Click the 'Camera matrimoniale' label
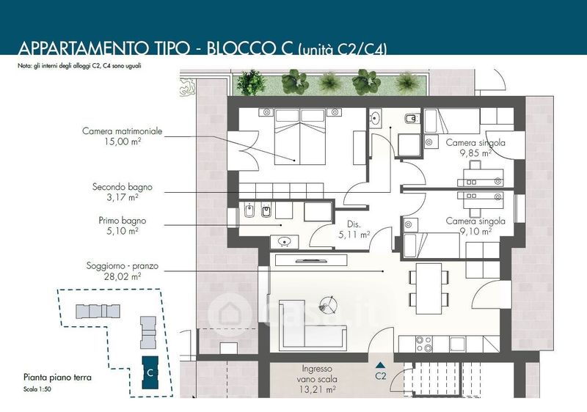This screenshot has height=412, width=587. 123,131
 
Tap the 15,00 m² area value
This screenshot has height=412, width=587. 123,141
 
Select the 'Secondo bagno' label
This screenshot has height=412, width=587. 123,186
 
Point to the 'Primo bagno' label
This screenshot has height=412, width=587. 123,221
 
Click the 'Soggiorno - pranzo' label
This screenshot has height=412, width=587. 123,266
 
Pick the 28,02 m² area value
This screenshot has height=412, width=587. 123,276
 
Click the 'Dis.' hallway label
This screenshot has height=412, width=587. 354,224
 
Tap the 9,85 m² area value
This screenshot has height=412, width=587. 475,153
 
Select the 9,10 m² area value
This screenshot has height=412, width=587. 475,232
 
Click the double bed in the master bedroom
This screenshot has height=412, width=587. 300,137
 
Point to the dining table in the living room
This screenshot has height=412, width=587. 429,289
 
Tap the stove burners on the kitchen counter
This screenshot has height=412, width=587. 424,344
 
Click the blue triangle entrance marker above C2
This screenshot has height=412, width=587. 380,365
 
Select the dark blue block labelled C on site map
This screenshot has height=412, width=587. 150,372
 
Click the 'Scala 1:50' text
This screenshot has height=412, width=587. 37,389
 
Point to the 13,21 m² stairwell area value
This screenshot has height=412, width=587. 318,389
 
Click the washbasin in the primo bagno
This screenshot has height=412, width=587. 285,240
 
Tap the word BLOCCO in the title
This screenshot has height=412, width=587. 249,48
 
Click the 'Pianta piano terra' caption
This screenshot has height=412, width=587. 57,378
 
